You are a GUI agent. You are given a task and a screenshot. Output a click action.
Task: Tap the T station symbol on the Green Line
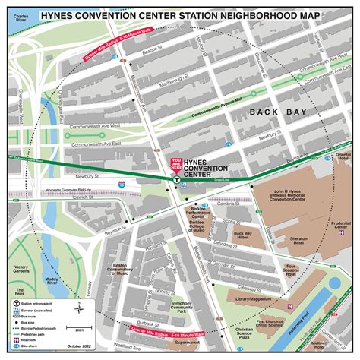[176, 181]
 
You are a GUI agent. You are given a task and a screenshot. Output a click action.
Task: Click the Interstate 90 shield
[122, 185]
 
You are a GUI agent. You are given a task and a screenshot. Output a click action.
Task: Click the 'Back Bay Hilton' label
[242, 236]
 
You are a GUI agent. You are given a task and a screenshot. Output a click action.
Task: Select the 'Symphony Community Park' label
[182, 308]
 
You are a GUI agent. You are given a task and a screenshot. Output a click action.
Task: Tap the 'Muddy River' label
[52, 281]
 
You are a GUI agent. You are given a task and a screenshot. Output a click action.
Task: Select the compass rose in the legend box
[79, 308]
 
